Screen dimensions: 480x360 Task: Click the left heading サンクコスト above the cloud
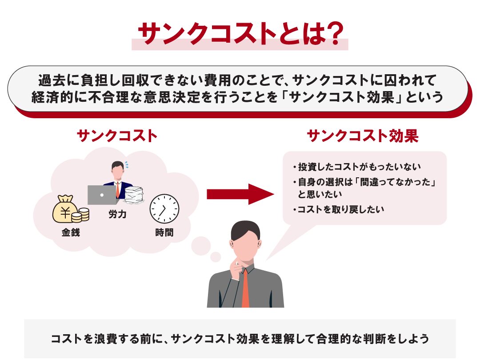117,136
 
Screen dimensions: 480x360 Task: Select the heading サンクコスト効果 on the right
363,136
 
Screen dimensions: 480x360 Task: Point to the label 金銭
71,232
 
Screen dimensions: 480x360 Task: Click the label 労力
117,214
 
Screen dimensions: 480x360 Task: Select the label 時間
164,232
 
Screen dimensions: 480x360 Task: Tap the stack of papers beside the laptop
134,195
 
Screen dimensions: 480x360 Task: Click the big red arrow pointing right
240,194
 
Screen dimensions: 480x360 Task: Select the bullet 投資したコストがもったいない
356,167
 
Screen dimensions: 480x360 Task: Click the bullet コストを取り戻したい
338,209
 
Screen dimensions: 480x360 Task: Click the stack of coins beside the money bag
80,215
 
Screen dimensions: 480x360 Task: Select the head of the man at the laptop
117,170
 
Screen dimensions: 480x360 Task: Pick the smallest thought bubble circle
216,257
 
